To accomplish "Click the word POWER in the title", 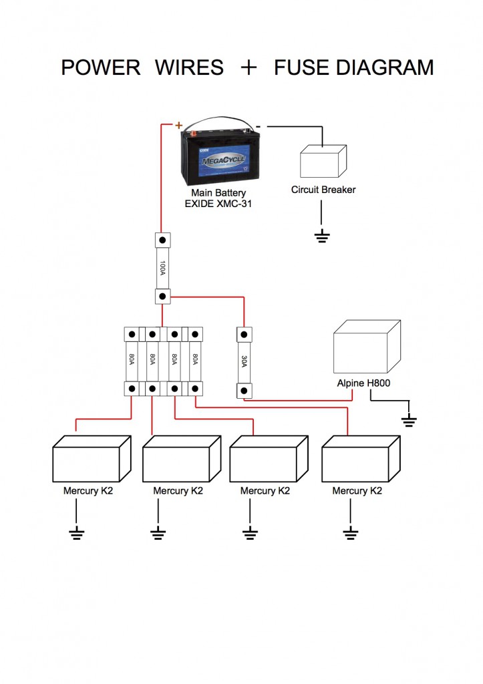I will [101, 67].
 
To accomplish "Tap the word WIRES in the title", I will [189, 67].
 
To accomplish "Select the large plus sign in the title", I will [249, 67].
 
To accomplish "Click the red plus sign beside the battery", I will [179, 125].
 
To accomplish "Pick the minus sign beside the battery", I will [259, 125].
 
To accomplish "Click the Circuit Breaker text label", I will [323, 190].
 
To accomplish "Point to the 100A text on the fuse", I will [162, 268].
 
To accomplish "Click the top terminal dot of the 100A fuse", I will [162, 239].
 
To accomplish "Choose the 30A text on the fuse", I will [244, 361].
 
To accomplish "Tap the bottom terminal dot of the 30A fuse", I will [244, 389].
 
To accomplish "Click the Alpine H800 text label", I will [364, 384].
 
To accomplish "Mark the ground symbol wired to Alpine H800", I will [409, 421].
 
